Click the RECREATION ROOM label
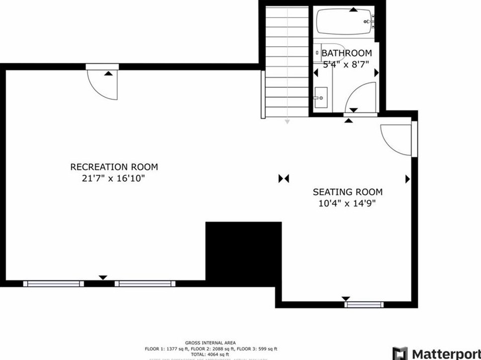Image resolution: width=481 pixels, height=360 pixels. (x=114, y=167)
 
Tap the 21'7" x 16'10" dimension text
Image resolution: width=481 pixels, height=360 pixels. (x=114, y=178)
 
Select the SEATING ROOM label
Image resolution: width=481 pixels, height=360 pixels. (x=347, y=192)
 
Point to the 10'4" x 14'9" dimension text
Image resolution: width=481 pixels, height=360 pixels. (x=347, y=203)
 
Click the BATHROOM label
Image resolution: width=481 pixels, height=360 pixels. (x=347, y=53)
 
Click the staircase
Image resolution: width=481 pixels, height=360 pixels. (x=286, y=60)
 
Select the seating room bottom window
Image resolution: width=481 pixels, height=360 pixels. (x=365, y=304)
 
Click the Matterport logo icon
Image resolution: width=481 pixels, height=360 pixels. (x=400, y=353)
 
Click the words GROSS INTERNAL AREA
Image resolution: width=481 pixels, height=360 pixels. (x=210, y=343)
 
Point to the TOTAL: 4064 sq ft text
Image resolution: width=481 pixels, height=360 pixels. (x=210, y=354)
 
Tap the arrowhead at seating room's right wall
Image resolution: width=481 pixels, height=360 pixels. (x=408, y=179)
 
